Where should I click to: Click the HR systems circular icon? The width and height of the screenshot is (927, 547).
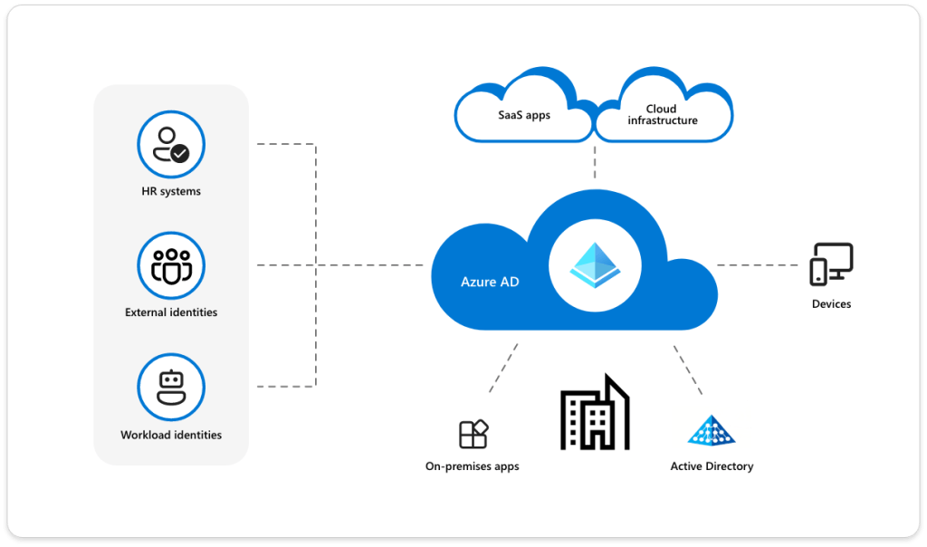[171, 145]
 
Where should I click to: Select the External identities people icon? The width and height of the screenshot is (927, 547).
[171, 265]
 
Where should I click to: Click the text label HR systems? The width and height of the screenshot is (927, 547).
[171, 192]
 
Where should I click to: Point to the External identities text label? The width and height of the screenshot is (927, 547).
[171, 312]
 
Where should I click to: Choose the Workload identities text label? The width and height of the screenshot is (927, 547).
[171, 435]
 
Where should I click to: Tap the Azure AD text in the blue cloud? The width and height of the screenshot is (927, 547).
[490, 282]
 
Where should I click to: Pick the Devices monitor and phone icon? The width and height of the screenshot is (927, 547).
[831, 264]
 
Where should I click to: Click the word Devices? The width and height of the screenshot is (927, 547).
[831, 304]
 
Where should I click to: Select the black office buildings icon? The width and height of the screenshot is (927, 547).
[594, 413]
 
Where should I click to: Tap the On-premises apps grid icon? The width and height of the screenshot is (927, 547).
[473, 434]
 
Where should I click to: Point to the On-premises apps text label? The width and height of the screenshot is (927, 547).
[472, 466]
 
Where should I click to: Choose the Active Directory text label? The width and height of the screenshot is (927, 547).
[712, 466]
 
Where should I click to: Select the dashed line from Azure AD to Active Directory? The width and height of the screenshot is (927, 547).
[686, 368]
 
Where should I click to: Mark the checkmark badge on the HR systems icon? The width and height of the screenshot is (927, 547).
[180, 153]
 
